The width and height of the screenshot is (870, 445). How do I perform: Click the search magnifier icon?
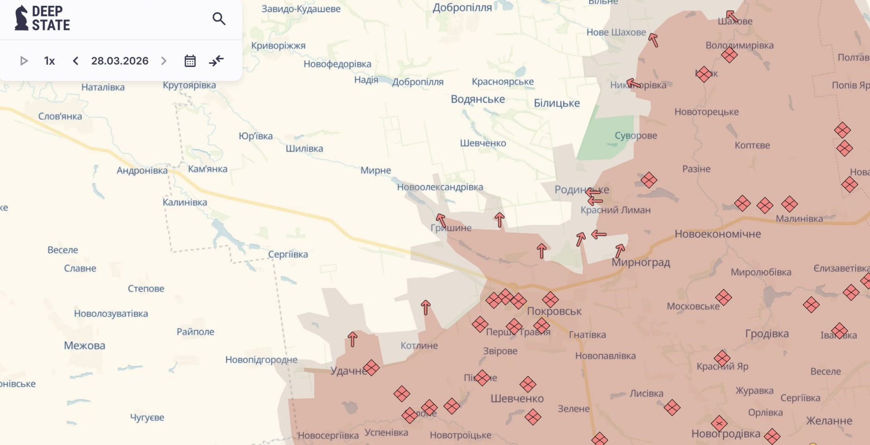coord(219,19)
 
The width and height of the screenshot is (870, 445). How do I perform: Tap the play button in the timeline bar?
coord(24,61)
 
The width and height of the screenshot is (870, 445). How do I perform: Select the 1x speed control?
coord(49,61)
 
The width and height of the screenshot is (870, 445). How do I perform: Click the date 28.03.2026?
coord(120,61)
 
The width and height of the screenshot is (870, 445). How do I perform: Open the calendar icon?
coord(190,61)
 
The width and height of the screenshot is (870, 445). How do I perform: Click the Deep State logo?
coord(42,19)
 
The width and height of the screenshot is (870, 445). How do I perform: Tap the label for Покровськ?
coord(554,311)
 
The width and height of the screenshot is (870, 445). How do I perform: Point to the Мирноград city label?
coord(640,263)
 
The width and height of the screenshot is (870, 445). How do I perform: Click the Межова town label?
coord(84,346)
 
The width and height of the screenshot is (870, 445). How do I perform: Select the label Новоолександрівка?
coord(440,187)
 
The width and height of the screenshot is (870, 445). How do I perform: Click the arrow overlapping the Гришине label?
coord(441,220)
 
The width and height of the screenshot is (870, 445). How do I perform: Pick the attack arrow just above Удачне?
coord(352,339)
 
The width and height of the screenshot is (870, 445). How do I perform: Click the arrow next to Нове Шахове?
coord(653,40)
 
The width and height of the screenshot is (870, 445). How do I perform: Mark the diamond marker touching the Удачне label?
coord(371,368)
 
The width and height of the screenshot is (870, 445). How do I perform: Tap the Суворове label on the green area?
coord(635,135)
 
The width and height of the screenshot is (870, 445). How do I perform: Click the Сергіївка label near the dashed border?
coord(288,254)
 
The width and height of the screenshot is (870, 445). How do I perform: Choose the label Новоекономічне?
coord(717,234)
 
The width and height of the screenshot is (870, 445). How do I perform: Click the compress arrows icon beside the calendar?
coord(216,61)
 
